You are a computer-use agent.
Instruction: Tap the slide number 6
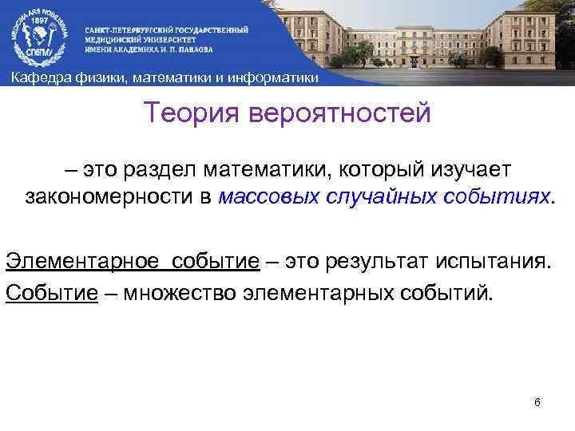click(537, 401)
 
